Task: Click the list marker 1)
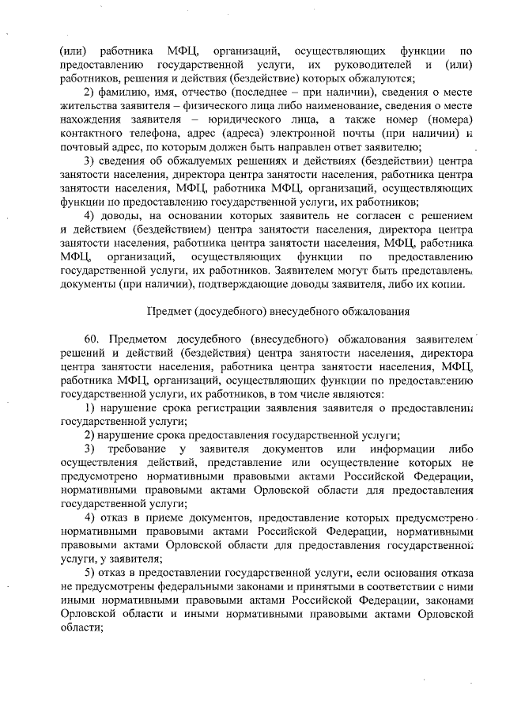pos(90,407)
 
